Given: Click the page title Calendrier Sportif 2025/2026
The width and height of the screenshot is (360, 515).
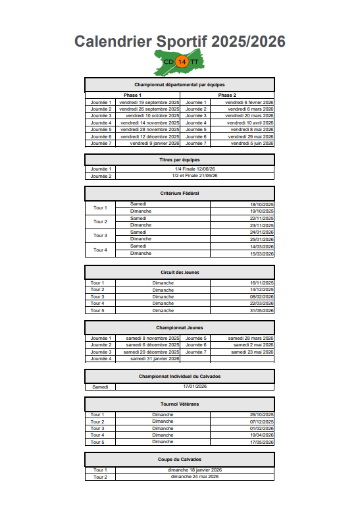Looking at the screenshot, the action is tap(180, 41).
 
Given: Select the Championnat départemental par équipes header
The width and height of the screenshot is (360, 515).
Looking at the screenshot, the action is tap(180, 85).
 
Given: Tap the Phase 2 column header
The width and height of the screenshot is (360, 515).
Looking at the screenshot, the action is tap(227, 95).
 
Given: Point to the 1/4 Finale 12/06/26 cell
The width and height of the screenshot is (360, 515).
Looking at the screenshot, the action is tap(195, 169).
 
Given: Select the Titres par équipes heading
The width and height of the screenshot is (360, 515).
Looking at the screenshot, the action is tap(180, 159).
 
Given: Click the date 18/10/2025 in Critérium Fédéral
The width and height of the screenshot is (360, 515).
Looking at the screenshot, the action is tap(261, 204).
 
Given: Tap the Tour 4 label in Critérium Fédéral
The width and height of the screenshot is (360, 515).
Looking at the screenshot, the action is tap(100, 250).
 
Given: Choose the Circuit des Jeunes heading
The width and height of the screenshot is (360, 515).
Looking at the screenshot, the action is tap(180, 272).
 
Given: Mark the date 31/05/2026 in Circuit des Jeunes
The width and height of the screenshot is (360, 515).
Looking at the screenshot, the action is tap(261, 310).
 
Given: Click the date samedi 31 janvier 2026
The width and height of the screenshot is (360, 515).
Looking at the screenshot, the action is tap(155, 359).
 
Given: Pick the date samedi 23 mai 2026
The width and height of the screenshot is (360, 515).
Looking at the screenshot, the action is tap(252, 352).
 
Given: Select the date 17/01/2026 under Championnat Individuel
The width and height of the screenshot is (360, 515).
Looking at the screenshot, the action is tap(195, 387).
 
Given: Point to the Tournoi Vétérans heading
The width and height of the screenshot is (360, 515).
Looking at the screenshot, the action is tap(180, 404).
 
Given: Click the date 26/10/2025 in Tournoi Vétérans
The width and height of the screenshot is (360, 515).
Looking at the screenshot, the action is tap(261, 414).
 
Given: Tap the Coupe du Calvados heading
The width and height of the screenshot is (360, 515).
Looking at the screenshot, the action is tap(180, 459).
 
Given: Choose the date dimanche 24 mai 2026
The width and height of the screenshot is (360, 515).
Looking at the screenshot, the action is tap(195, 476).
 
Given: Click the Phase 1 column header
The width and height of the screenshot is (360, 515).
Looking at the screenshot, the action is tap(132, 95).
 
